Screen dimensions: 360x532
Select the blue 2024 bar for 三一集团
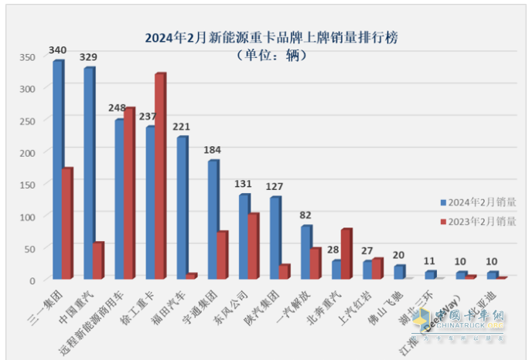[x=58, y=170]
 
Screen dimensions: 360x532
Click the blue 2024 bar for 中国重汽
[x=89, y=173]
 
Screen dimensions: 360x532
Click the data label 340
[x=57, y=50]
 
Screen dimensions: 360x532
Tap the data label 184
[x=213, y=149]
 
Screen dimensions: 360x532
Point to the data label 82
[x=306, y=215]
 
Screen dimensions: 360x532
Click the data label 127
[x=275, y=186]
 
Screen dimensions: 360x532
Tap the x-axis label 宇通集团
[x=205, y=301]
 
